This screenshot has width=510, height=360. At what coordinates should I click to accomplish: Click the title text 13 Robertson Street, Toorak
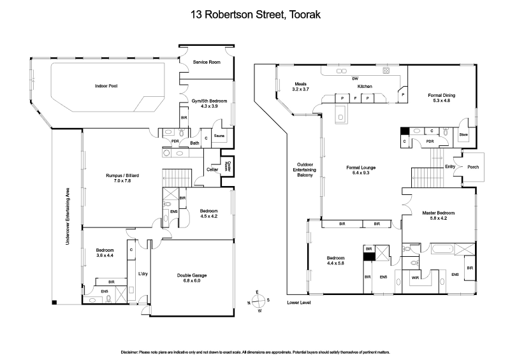[x=255, y=13]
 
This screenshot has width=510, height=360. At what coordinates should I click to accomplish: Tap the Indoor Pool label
[x=106, y=85]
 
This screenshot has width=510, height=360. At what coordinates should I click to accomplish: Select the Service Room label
[x=207, y=61]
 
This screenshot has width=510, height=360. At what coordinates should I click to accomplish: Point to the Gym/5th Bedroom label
[x=210, y=104]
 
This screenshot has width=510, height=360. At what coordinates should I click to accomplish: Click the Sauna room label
[x=219, y=136]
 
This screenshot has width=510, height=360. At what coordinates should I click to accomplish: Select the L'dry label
[x=143, y=274]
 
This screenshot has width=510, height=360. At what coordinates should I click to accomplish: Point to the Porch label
[x=472, y=168]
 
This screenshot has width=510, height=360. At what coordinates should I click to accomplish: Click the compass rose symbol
[x=258, y=301]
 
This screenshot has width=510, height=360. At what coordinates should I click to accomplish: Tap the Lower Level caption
[x=298, y=302]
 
